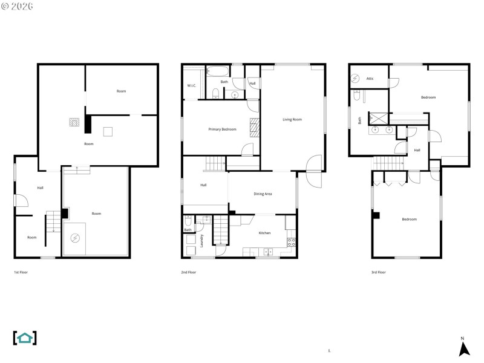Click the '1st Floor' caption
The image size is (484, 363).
[21, 272]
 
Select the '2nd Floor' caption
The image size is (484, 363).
[189, 272]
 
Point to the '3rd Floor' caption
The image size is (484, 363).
[379, 272]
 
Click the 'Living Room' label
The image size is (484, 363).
[292, 119]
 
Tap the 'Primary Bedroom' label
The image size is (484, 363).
[222, 129]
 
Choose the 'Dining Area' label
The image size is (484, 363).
[263, 194]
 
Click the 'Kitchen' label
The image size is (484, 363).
[264, 233]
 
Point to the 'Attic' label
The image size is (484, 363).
[370, 78]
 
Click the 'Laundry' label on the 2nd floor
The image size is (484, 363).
[202, 240]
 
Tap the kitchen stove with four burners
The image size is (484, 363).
[290, 244]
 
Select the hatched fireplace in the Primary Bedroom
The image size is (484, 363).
[255, 128]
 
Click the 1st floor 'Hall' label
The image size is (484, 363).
[40, 188]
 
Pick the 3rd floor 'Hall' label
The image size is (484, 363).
[417, 149]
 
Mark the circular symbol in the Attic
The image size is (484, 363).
[357, 78]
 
